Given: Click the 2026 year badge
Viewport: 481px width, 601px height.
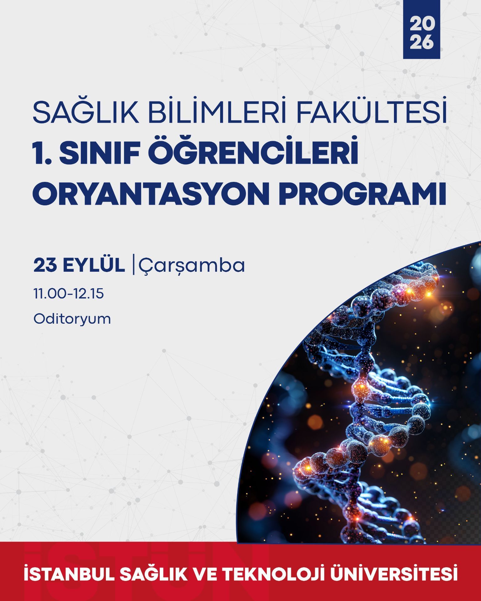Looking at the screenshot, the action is click(421, 29).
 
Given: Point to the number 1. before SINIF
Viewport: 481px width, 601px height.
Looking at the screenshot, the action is click(42, 154).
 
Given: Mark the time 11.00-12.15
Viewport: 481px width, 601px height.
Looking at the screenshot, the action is click(69, 294).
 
